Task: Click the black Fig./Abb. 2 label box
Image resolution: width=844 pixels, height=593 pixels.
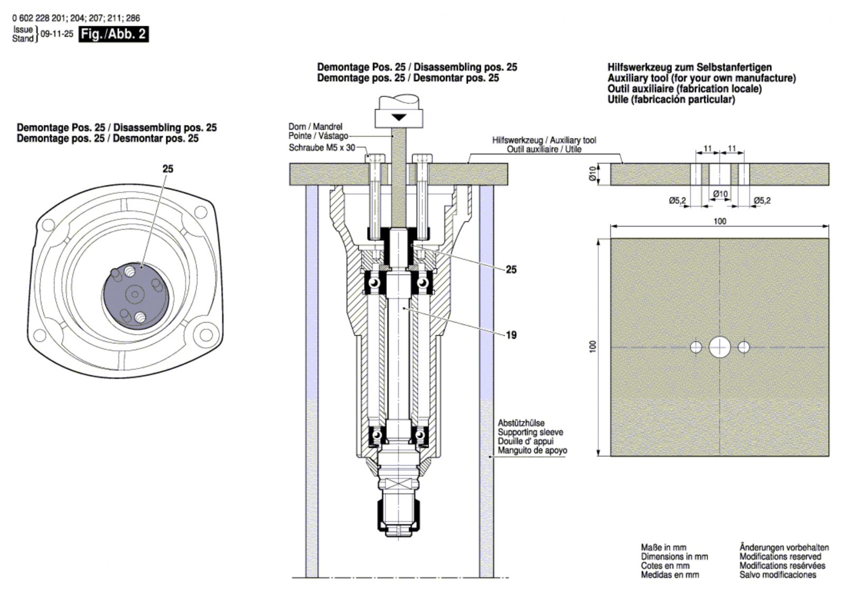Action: click(x=113, y=34)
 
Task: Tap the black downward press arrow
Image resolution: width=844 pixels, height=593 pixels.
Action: click(x=399, y=117)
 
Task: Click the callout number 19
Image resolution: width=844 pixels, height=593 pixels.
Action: click(x=511, y=335)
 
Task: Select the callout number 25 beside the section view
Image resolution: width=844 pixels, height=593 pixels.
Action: click(x=511, y=269)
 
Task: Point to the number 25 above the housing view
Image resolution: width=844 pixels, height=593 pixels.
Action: click(x=168, y=169)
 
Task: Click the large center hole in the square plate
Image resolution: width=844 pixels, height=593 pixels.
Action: click(x=719, y=347)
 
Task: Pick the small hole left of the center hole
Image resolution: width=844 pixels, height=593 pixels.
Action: click(x=696, y=347)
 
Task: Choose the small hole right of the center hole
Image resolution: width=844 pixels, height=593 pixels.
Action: click(x=743, y=347)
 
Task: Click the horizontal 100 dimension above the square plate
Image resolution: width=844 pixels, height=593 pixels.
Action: click(x=719, y=221)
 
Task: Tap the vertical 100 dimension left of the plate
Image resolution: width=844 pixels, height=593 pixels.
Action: click(x=593, y=346)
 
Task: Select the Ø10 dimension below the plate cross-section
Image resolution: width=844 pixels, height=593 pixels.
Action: click(x=720, y=194)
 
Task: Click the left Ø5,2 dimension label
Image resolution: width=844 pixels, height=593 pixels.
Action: click(x=677, y=201)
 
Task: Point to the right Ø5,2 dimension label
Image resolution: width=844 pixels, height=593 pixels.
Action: click(x=762, y=201)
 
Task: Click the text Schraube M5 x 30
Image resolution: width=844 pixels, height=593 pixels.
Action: click(x=322, y=148)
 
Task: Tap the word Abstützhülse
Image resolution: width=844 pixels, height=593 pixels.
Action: click(x=521, y=423)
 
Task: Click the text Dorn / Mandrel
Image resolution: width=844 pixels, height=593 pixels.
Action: click(x=315, y=127)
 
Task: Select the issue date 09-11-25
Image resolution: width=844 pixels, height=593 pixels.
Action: click(x=57, y=34)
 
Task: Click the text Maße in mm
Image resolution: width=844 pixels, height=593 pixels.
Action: click(x=663, y=548)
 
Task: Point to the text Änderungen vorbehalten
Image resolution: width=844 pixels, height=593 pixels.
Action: click(x=784, y=548)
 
